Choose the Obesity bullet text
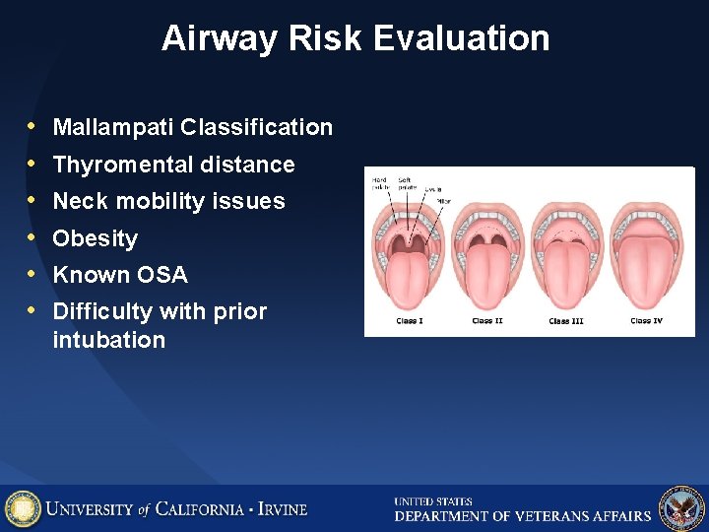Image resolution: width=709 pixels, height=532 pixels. tap(95, 238)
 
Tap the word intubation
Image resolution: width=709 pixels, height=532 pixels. tap(108, 340)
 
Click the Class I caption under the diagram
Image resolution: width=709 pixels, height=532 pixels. tap(409, 321)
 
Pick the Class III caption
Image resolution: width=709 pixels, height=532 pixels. tap(565, 321)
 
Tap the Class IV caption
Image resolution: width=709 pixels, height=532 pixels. tap(647, 321)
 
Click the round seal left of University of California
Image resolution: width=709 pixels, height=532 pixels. tap(23, 508)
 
